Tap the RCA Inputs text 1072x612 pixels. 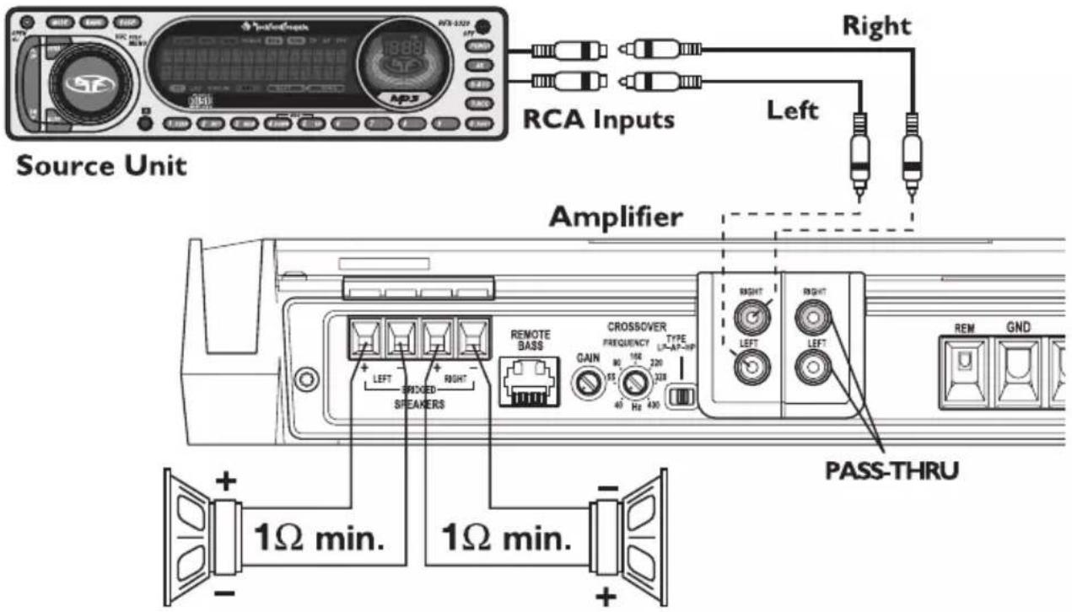pyautogui.click(x=599, y=120)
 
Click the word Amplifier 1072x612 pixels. pyautogui.click(x=616, y=217)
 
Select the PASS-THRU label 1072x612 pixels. pyautogui.click(x=891, y=469)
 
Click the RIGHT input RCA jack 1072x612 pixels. pyautogui.click(x=750, y=317)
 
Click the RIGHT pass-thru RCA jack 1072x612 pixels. pyautogui.click(x=814, y=317)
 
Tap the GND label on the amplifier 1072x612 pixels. pyautogui.click(x=1018, y=326)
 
